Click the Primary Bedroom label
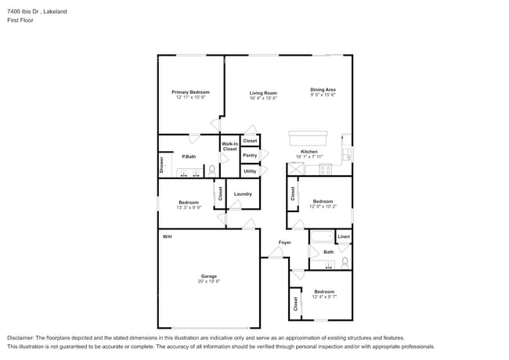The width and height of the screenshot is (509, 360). pos(190,92)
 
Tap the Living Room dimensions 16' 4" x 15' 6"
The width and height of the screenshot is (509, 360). pos(263,98)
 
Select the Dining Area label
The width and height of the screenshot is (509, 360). pos(323,89)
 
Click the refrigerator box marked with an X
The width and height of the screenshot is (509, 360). pos(296,168)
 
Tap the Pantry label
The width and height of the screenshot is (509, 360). pos(249,155)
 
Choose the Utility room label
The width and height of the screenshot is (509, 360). pos(249,171)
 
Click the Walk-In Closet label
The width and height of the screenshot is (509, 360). pos(229,146)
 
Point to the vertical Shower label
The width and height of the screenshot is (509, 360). pos(162,164)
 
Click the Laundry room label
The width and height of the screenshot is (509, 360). pos(243,194)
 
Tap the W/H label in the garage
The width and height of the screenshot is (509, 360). pos(167,236)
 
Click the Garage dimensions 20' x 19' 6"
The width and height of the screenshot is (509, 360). pos(208,281)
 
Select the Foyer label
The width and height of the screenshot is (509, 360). pos(285,243)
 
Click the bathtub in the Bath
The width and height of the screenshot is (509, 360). pos(322,236)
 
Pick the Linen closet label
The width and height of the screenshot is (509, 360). pos(344,236)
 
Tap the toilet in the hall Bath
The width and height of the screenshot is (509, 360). pos(345,261)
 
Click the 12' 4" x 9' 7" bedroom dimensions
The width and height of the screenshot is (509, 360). pos(324,297)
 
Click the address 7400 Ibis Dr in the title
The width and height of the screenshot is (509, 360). pos(23,11)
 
